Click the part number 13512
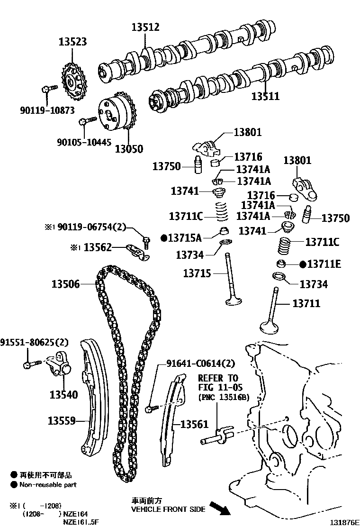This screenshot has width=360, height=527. tap(145, 27)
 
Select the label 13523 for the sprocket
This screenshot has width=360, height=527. tap(72, 42)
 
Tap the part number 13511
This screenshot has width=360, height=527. tap(265, 97)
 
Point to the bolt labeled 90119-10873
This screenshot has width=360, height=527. tap(48, 88)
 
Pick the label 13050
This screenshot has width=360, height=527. tap(129, 149)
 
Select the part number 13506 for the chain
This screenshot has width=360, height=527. tap(66, 284)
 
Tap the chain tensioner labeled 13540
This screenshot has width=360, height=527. tap(60, 364)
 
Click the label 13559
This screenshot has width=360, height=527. tap(62, 420)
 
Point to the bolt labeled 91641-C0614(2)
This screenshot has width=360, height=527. tap(150, 407)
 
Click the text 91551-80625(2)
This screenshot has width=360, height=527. tap(35, 342)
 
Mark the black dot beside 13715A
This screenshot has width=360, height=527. tap(163, 237)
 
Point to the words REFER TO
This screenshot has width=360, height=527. tap(217, 378)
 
